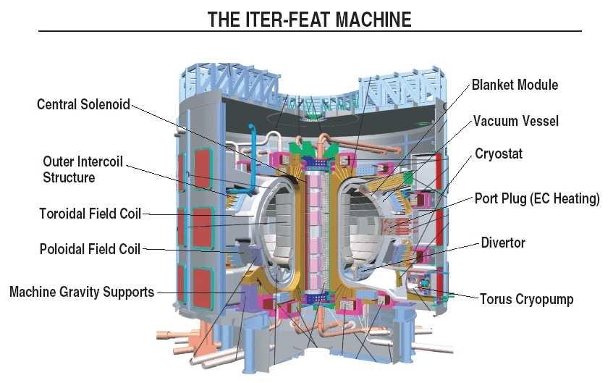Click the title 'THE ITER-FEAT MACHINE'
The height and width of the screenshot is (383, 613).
pos(309,19)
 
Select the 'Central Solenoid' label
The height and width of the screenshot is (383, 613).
pos(83,104)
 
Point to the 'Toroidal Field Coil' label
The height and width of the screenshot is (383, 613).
pos(90,214)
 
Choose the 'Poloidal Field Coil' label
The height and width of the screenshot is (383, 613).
pos(90,249)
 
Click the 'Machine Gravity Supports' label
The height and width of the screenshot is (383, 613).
pos(82,292)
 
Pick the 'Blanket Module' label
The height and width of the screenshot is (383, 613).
pos(515,85)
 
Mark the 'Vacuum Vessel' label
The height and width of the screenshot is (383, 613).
pos(516,121)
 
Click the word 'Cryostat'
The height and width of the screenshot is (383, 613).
pos(499,154)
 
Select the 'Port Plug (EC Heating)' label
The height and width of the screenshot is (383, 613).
pos(537,198)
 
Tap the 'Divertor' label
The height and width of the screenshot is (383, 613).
pos(503,243)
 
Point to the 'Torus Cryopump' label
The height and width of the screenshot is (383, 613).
pos(526,299)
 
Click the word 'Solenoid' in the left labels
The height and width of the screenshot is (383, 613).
pos(106,104)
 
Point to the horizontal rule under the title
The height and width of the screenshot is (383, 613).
pos(309,31)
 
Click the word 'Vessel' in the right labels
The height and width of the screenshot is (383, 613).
pos(539,121)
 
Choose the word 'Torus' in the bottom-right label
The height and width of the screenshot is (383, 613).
pos(496,299)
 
